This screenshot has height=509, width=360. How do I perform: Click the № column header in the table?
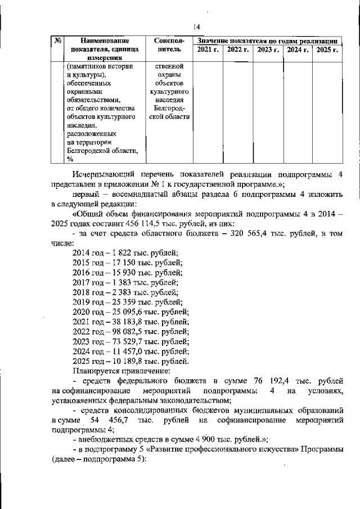pos(58,41)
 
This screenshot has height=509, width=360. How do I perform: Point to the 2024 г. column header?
pos(297,51)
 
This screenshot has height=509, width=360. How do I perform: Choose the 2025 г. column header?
pos(326,51)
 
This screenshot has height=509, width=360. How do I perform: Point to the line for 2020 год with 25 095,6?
pos(130,312)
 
